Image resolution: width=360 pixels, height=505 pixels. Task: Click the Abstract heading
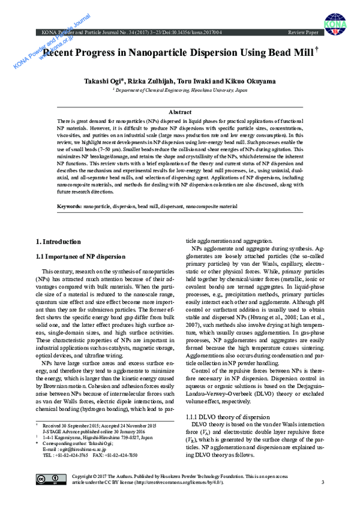coord(180,112)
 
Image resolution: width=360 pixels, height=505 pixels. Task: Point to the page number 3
coord(322,482)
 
